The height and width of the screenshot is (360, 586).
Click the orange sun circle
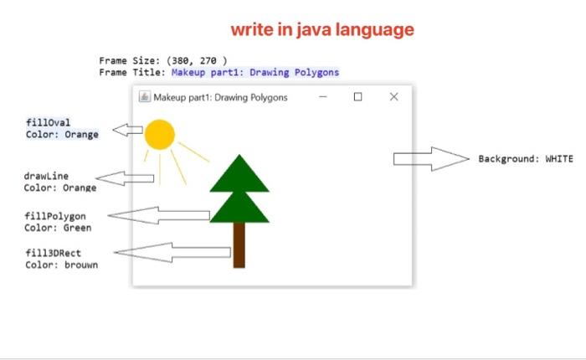click(159, 134)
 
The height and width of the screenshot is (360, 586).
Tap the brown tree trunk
click(239, 244)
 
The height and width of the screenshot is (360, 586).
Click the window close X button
click(394, 97)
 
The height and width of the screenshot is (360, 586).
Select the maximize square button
click(358, 97)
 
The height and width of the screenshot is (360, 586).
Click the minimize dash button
click(322, 97)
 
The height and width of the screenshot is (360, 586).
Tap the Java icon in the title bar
click(144, 97)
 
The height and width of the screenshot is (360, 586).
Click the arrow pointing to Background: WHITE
click(431, 159)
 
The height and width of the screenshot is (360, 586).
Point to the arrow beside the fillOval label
click(127, 130)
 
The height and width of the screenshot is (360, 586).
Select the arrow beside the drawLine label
click(126, 178)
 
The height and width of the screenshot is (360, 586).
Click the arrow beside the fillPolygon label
click(159, 216)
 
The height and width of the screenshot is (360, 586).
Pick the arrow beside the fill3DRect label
click(172, 252)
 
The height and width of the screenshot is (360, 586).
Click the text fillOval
click(48, 122)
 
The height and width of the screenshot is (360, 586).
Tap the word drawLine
click(46, 176)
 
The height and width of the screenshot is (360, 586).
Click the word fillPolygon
click(54, 216)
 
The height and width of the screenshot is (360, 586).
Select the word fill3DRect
click(53, 253)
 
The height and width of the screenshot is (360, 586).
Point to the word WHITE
click(559, 159)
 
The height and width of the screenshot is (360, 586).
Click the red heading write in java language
click(322, 30)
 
